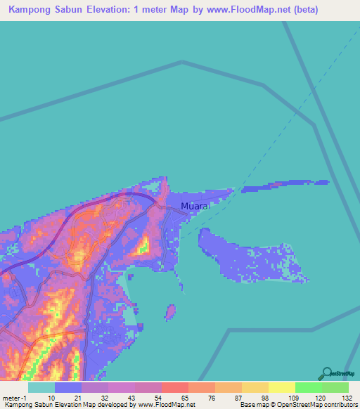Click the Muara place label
pyautogui.click(x=195, y=207)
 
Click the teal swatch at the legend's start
pyautogui.click(x=41, y=387)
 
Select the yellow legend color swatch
pyautogui.click(x=282, y=387)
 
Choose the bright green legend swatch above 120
pyautogui.click(x=309, y=387)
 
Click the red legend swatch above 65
pyautogui.click(x=174, y=387)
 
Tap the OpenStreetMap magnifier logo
pyautogui.click(x=328, y=374)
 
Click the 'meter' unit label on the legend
pyautogui.click(x=12, y=397)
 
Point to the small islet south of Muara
pyautogui.click(x=169, y=311)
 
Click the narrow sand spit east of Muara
pyautogui.click(x=284, y=186)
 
